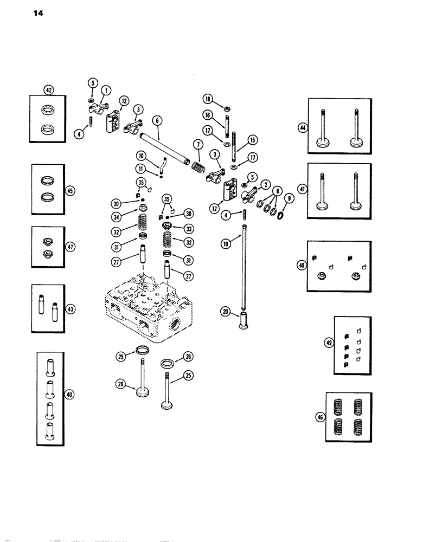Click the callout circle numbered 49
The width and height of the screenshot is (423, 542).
[327, 343]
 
